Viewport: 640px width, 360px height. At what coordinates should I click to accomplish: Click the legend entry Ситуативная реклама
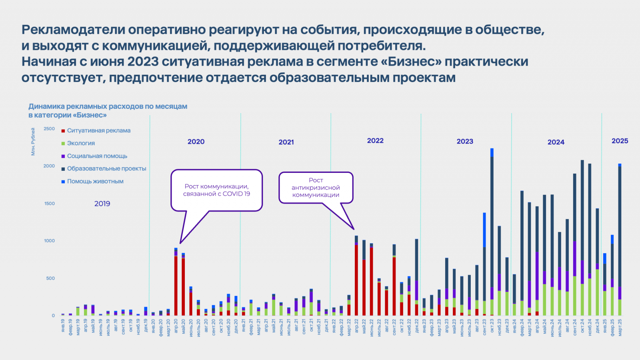point(98,130)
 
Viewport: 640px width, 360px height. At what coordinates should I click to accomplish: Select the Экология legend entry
point(81,143)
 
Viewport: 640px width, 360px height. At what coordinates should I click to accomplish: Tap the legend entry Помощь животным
point(95,181)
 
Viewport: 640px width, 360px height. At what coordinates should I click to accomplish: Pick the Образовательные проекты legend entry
point(106,168)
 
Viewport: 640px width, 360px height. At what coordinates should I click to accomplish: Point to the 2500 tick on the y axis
point(49,129)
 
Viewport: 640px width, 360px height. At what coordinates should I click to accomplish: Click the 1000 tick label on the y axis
point(49,241)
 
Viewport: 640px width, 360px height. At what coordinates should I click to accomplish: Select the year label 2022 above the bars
point(375,141)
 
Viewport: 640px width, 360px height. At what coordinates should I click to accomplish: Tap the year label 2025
point(620,141)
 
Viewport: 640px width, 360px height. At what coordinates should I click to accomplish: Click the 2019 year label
point(102,204)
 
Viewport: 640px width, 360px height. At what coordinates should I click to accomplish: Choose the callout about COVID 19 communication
point(216,190)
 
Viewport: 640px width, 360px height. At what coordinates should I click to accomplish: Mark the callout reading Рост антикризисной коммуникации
point(316,188)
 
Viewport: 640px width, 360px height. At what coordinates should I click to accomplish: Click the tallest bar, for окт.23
point(492,232)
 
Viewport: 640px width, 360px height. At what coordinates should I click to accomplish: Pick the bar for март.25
point(620,240)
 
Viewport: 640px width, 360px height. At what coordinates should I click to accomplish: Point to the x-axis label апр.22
point(356,326)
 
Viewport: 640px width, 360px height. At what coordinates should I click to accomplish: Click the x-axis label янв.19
point(63,324)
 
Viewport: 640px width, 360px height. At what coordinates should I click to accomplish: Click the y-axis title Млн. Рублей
point(33,142)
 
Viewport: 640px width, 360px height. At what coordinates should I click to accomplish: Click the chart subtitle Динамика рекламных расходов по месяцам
point(108,106)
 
